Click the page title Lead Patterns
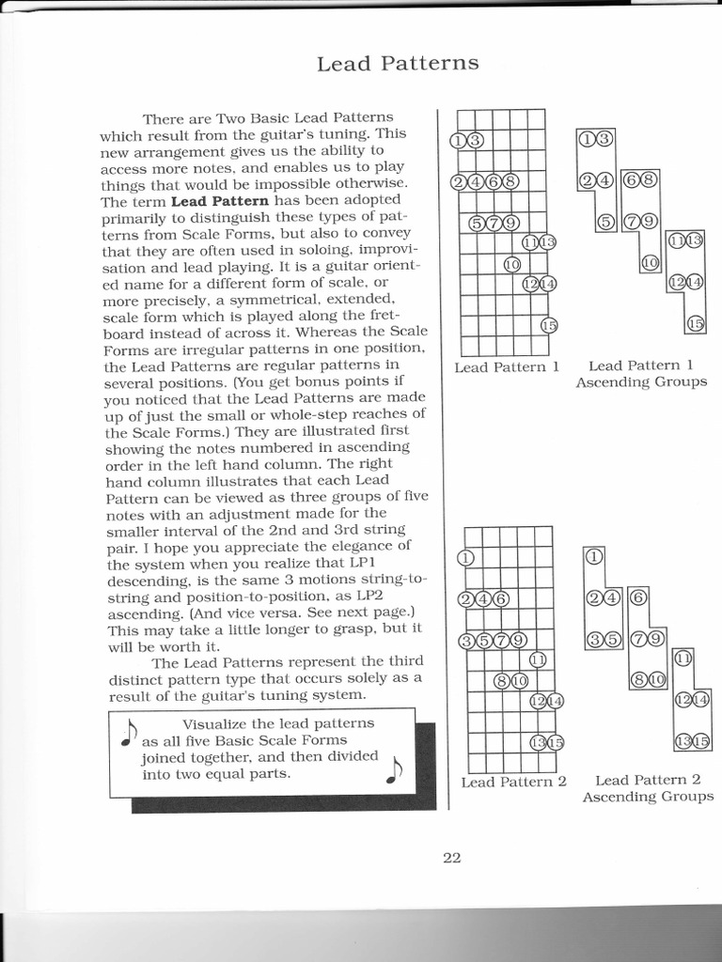(x=398, y=64)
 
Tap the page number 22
(x=451, y=857)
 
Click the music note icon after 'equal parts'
(x=393, y=769)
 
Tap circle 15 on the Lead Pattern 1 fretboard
(x=550, y=326)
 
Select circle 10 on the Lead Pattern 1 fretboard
(x=512, y=264)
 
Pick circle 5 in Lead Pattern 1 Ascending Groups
(x=606, y=223)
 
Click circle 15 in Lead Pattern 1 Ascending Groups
(x=696, y=324)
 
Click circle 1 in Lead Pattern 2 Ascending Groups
(x=594, y=557)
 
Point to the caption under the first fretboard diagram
(x=507, y=367)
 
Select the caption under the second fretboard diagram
(x=513, y=782)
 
